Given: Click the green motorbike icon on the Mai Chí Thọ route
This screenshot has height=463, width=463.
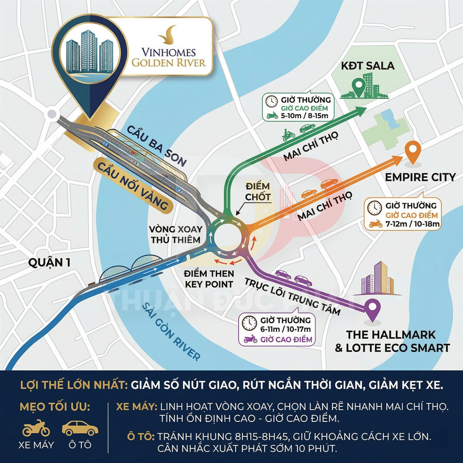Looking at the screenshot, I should tap(289, 135).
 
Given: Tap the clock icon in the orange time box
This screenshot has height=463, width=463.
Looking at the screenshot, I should tap(374, 207).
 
